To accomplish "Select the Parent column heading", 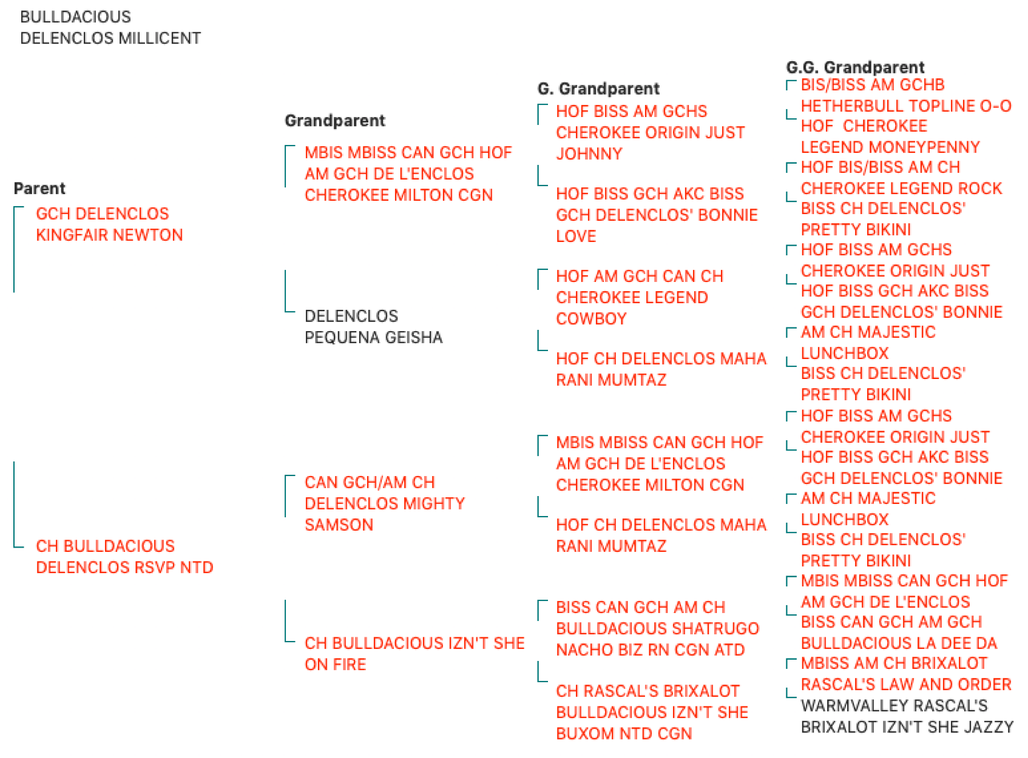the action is click(x=39, y=188).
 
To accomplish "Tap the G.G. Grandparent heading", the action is click(x=854, y=67).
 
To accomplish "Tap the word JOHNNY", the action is click(x=589, y=153).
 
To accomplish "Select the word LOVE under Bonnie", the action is click(x=575, y=236).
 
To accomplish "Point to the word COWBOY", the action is click(x=591, y=318).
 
